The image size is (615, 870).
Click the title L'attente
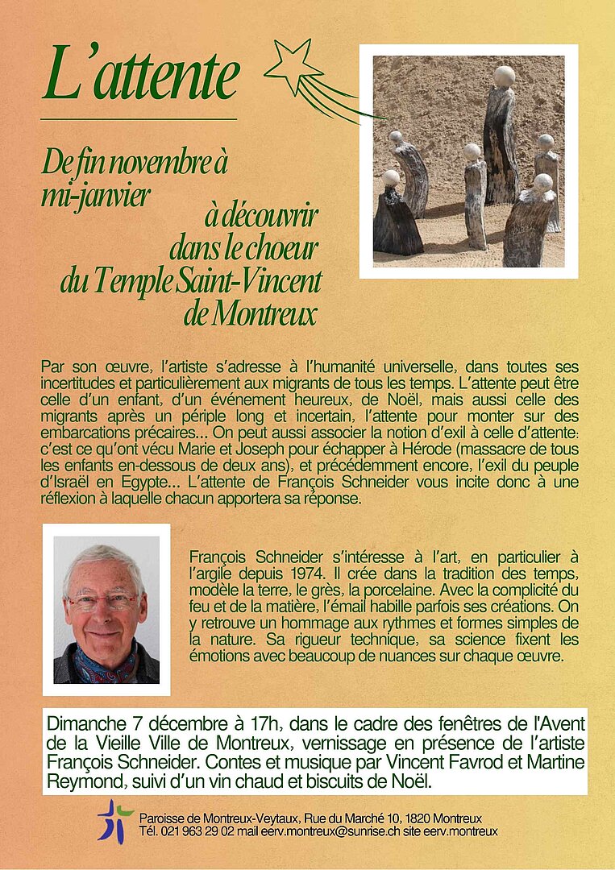[x=142, y=74]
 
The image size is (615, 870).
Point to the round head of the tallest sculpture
[x=504, y=77]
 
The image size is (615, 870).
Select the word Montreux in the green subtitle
[x=250, y=314]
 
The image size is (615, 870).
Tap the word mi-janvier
[x=96, y=196]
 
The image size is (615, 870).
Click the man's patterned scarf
[x=105, y=662]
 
